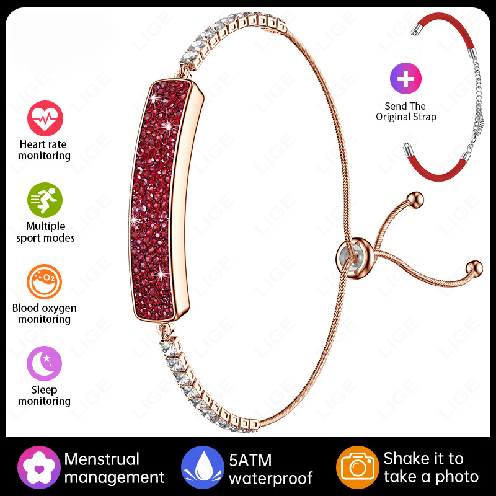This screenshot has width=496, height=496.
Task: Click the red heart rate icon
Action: pos(45,118)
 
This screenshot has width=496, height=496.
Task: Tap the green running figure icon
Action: pos(45,200)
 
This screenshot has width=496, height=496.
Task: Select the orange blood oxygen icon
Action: pos(44,281)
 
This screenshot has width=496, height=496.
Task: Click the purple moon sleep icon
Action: pos(44,363)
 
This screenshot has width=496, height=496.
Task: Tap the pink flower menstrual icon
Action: pos(38,467)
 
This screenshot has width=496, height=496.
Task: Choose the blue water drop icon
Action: pos(203,467)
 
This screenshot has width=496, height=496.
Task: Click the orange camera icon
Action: pos(358,467)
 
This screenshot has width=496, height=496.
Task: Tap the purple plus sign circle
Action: pos(405,79)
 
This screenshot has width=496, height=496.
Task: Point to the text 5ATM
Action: pos(250,460)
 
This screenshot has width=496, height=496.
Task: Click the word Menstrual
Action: pos(102,459)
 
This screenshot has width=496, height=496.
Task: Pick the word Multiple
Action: pos(45,226)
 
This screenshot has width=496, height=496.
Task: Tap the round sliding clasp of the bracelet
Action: pos(355,259)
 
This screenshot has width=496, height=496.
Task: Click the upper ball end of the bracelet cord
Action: pos(415,200)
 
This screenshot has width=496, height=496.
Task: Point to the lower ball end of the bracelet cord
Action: pos(474,269)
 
